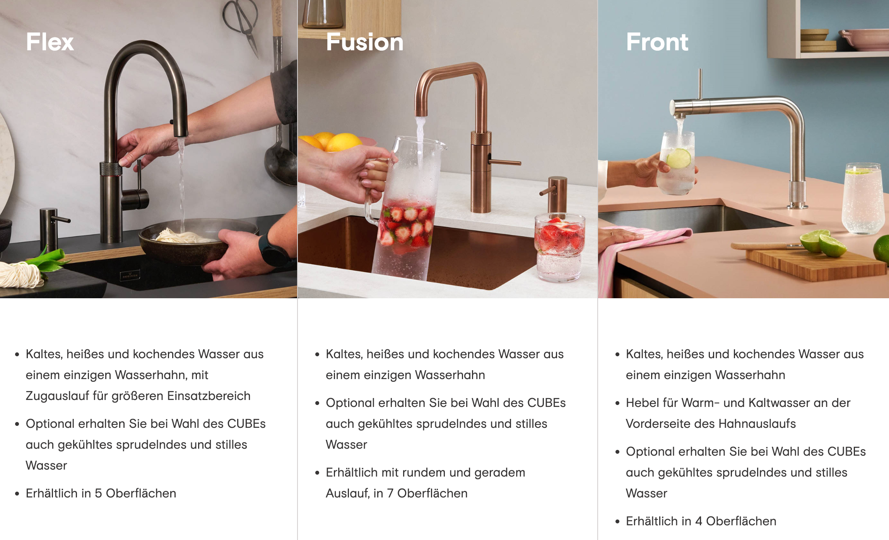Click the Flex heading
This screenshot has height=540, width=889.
(50, 42)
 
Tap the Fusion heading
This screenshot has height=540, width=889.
(365, 42)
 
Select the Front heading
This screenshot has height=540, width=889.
(657, 42)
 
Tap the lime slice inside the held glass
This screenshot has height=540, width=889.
(678, 159)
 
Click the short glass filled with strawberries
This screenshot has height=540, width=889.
(559, 248)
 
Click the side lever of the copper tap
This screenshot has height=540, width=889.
(505, 162)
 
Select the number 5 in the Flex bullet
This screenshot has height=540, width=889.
(98, 493)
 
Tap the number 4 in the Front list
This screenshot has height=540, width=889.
(698, 521)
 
